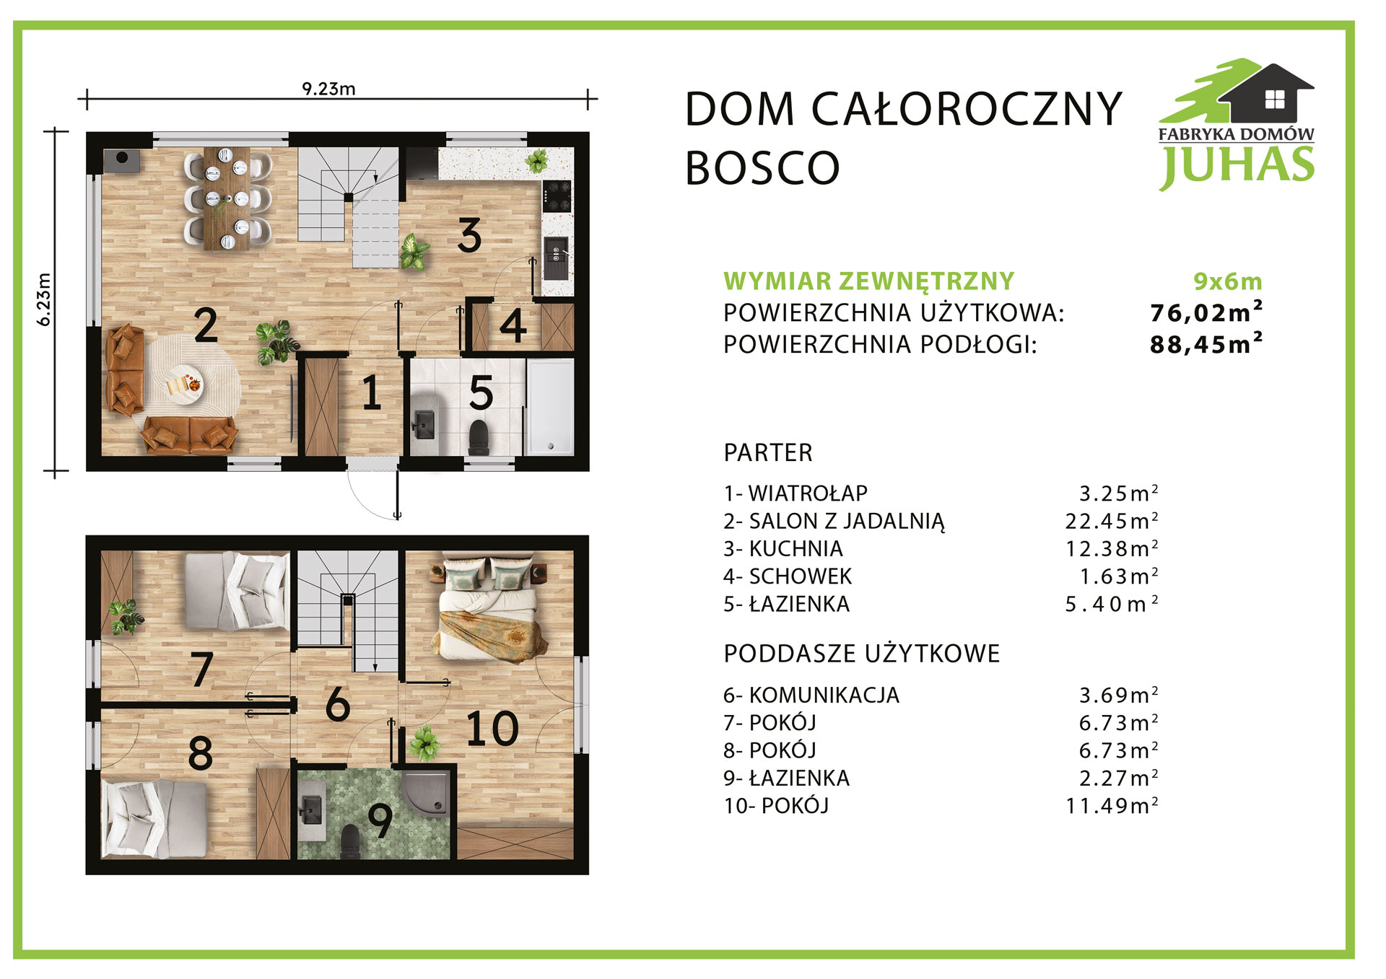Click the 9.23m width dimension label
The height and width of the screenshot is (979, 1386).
pyautogui.click(x=328, y=89)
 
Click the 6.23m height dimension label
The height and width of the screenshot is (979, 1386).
pyautogui.click(x=44, y=299)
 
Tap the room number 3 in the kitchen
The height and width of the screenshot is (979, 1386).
pyautogui.click(x=469, y=235)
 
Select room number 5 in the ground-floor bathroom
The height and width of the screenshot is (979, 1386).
pyautogui.click(x=481, y=393)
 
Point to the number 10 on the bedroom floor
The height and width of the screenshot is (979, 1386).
pyautogui.click(x=492, y=729)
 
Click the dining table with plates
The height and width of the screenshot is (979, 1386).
pyautogui.click(x=227, y=198)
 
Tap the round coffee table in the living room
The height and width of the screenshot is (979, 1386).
pyautogui.click(x=184, y=382)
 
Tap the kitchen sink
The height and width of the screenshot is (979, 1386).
pyautogui.click(x=556, y=258)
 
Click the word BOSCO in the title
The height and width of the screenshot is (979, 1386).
pyautogui.click(x=762, y=168)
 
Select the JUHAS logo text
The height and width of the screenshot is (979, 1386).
pyautogui.click(x=1237, y=164)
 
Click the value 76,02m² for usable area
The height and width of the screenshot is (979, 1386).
pyautogui.click(x=1206, y=312)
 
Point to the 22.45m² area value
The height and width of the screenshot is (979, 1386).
pyautogui.click(x=1112, y=520)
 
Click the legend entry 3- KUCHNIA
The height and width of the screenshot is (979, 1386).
pyautogui.click(x=783, y=548)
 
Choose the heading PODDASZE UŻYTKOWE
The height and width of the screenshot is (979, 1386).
pyautogui.click(x=862, y=654)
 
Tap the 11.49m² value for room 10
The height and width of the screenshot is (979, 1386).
pyautogui.click(x=1112, y=805)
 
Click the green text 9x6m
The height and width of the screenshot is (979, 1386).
pyautogui.click(x=1227, y=281)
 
